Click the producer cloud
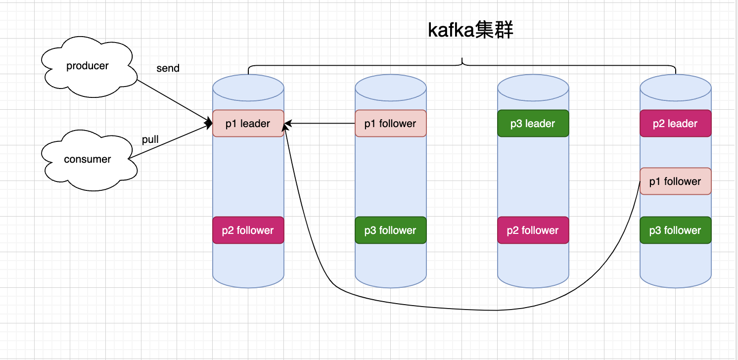tap(88, 66)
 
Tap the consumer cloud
tap(88, 160)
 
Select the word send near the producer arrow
tap(168, 68)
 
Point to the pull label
tap(150, 139)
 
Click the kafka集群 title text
tap(470, 31)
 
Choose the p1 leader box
tap(248, 124)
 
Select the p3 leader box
tap(533, 124)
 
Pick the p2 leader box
tap(676, 124)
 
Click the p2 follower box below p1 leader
tap(248, 230)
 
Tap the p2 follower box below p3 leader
tap(533, 230)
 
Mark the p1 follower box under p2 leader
tap(676, 181)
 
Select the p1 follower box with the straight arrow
tap(391, 124)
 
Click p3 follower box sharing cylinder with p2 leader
tap(676, 230)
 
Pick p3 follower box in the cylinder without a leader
tap(391, 230)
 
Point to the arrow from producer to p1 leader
tap(173, 101)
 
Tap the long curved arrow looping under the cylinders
tap(495, 310)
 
